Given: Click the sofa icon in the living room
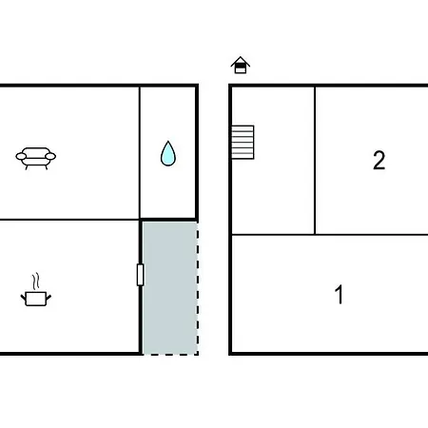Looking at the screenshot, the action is tap(36, 158).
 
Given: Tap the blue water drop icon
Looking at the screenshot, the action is tap(168, 153).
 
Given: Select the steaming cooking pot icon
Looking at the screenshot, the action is tap(36, 289).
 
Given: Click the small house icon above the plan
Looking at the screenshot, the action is tap(241, 65).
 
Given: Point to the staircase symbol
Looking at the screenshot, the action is tap(243, 143).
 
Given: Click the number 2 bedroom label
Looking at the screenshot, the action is tap(379, 160).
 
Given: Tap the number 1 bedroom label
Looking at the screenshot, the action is tap(339, 295).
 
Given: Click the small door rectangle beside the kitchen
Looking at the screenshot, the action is tap(140, 275).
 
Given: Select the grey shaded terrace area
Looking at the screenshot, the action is tap(170, 287).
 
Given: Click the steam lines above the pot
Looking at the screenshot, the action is tap(36, 281).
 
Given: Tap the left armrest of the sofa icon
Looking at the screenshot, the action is tap(21, 156).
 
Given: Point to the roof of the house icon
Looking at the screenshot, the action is tap(241, 61).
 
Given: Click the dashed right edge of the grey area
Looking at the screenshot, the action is tap(198, 287).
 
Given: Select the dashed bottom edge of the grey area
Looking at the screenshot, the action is tap(170, 354).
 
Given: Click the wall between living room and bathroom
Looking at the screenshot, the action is tap(140, 152).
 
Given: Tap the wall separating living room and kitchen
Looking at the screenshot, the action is tap(69, 219).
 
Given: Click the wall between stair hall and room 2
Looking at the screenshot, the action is tap(315, 161).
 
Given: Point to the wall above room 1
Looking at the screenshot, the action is tap(330, 235).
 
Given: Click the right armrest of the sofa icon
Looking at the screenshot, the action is tap(50, 156).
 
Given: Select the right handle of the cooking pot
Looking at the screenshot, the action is tap(49, 298).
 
